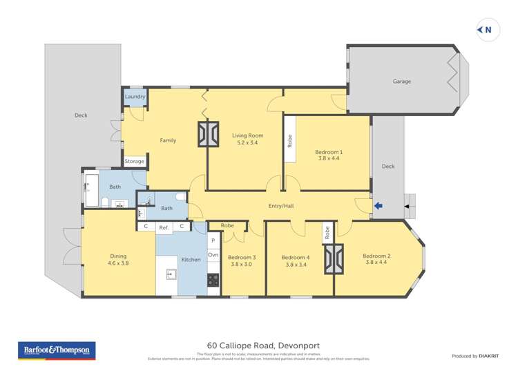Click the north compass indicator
487,29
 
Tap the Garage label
402,82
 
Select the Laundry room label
135,97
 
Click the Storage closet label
135,162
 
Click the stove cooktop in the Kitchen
213,280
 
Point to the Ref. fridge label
164,227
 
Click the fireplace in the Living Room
207,134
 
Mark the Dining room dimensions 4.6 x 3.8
118,263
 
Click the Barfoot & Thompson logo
57,350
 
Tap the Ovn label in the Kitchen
213,255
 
